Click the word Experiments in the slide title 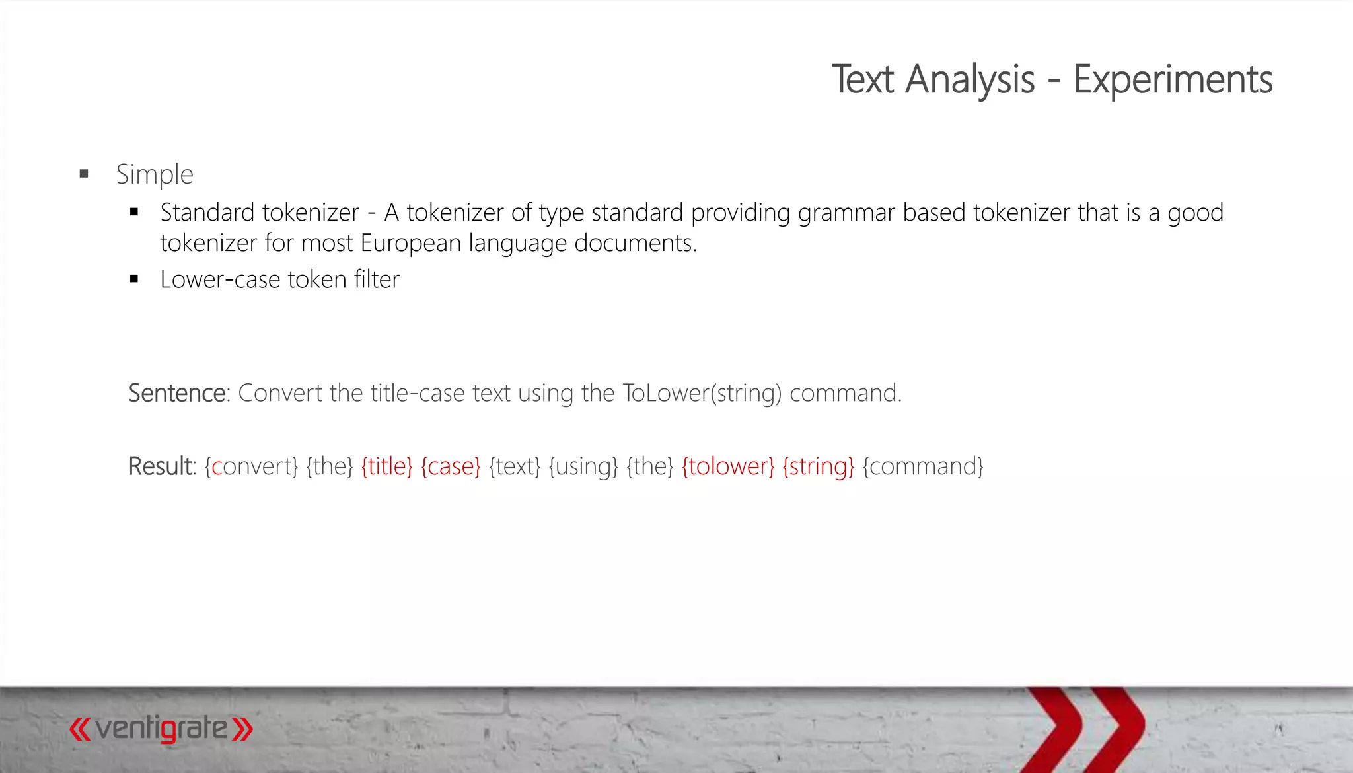coord(1173,80)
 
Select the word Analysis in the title coord(970,80)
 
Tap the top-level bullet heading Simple coord(155,174)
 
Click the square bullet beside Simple coord(84,174)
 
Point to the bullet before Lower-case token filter coord(134,279)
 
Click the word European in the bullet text coord(410,243)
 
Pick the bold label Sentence coord(177,393)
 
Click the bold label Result coord(161,466)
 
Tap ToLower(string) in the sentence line coord(702,393)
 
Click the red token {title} coord(386,466)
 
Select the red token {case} coord(451,466)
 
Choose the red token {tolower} coord(728,466)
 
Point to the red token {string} coord(818,466)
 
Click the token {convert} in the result coord(252,466)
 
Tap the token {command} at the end coord(923,466)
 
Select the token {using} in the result coord(583,466)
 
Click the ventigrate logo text coord(161,729)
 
